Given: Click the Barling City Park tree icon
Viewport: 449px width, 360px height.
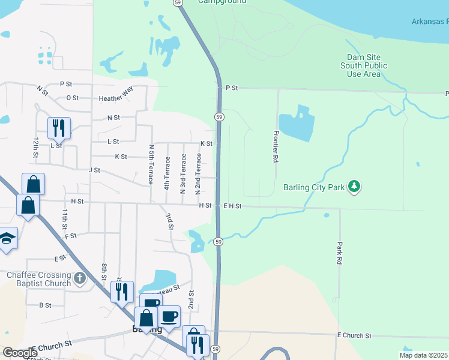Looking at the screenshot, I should (355, 187).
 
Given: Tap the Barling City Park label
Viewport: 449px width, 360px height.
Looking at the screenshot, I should (314, 187).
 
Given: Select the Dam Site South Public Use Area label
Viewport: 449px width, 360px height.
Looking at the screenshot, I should (364, 65).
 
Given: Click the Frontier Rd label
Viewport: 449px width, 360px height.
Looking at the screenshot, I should (276, 147).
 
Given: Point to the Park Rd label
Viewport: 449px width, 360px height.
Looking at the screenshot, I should (339, 253).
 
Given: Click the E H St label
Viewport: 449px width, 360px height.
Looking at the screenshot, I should (232, 206).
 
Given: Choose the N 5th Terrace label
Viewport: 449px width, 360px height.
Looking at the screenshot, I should (151, 164).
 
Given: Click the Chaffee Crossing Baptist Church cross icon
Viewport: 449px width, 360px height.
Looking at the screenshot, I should (81, 278).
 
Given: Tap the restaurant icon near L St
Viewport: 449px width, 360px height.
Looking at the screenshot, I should (59, 128).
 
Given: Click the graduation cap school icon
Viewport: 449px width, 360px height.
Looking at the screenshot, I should (7, 239).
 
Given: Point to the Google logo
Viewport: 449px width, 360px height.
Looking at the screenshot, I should (20, 353).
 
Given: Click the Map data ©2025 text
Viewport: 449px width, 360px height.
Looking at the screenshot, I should (423, 355).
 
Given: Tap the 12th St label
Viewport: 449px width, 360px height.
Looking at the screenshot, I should (36, 147).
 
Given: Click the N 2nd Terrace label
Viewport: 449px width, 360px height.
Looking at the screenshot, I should (197, 174).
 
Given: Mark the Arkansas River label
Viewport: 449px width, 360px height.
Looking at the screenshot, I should (430, 22).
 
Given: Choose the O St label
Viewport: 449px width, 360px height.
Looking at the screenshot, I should (73, 97).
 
